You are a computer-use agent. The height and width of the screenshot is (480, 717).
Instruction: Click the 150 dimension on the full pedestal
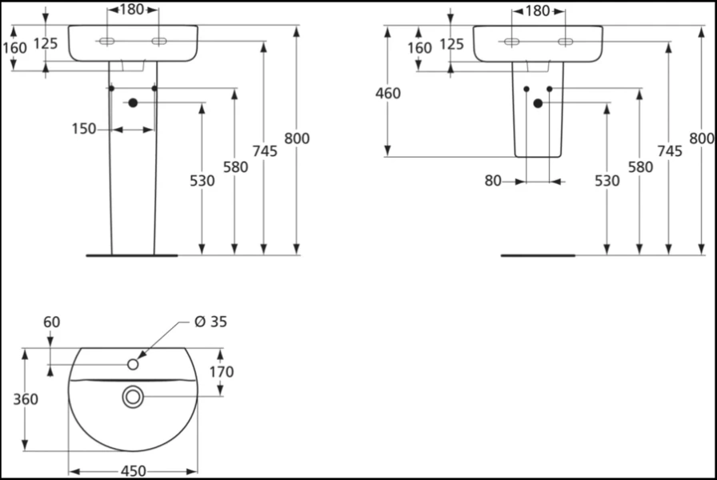[84, 129]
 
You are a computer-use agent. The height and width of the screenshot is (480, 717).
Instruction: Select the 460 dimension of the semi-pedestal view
[388, 94]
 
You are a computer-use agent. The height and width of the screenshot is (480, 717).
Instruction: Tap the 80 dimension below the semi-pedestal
[492, 182]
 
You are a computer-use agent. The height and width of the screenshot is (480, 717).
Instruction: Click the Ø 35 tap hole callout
[210, 322]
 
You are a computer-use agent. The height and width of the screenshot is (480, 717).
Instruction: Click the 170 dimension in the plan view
[222, 371]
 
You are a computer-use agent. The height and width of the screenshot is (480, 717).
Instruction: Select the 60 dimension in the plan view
[51, 322]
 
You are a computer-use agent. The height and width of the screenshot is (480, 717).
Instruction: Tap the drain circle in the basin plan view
[133, 395]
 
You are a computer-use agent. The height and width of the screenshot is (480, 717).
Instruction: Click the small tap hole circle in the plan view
[134, 365]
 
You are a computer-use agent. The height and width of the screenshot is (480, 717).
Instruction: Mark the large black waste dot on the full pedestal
[133, 102]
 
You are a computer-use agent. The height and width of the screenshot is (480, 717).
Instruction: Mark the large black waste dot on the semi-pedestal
[538, 103]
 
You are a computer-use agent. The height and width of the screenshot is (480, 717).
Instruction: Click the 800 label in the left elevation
[296, 138]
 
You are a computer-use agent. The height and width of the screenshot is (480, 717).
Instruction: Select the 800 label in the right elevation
[701, 138]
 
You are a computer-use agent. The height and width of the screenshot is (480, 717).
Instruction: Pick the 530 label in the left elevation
[202, 181]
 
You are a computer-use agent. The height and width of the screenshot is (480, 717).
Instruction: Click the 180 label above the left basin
[132, 10]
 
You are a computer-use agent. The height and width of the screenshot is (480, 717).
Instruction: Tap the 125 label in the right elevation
[451, 44]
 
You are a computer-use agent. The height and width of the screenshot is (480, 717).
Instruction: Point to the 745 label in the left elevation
[265, 152]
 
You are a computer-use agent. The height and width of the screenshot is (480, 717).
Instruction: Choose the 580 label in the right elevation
[639, 167]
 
